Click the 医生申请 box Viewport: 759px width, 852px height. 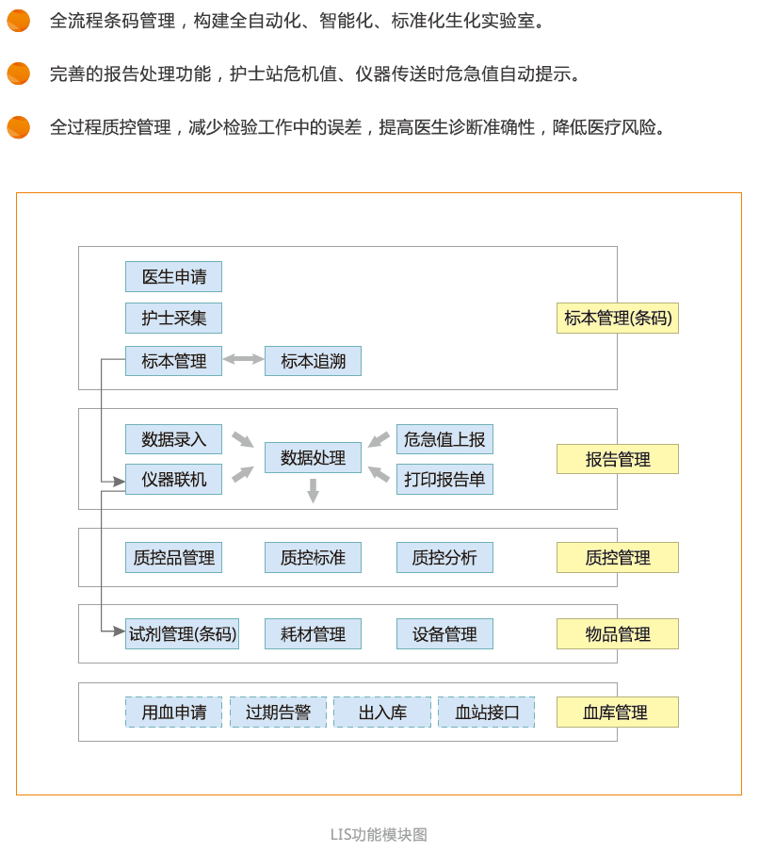(x=173, y=276)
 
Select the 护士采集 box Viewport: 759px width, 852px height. (x=173, y=318)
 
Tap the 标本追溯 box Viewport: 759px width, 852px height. (x=313, y=361)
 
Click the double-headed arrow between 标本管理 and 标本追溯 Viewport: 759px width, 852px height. (x=243, y=359)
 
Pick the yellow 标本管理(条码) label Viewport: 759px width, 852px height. (x=618, y=318)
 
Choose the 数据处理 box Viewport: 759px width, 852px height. (x=313, y=457)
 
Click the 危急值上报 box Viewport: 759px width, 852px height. (x=444, y=439)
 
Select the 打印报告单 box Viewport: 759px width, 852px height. (x=444, y=479)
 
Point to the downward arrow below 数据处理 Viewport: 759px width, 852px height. (x=313, y=491)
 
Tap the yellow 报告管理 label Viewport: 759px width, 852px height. (x=618, y=459)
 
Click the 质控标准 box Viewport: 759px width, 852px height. (x=313, y=558)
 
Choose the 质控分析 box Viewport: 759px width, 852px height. (x=444, y=558)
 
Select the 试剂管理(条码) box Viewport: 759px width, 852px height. (x=182, y=633)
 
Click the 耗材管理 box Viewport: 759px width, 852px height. (x=313, y=633)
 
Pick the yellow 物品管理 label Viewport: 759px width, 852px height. (x=618, y=633)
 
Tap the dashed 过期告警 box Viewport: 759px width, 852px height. (x=278, y=712)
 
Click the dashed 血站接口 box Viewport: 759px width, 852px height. (x=487, y=712)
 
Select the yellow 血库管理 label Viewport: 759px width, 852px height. (x=618, y=712)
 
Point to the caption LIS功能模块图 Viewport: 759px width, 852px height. (x=379, y=835)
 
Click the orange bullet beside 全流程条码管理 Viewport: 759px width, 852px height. (x=19, y=21)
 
